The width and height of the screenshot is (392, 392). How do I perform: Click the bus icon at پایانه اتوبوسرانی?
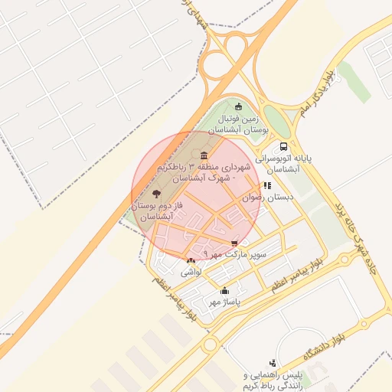(284, 145)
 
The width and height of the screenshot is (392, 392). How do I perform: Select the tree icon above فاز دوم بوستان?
(157, 194)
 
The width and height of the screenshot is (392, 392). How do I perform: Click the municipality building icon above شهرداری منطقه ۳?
(204, 155)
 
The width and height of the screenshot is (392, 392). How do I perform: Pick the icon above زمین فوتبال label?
(238, 106)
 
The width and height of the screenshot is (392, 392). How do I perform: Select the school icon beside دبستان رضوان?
(266, 185)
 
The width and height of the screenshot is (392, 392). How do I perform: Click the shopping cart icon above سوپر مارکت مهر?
(234, 243)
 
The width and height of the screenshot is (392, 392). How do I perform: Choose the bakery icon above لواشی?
(191, 261)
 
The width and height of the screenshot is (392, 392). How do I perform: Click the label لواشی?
(191, 272)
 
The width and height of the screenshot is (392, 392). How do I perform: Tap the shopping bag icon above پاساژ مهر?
(224, 291)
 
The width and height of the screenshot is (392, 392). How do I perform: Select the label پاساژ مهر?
(224, 302)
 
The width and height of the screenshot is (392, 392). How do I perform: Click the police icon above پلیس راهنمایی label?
(273, 362)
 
